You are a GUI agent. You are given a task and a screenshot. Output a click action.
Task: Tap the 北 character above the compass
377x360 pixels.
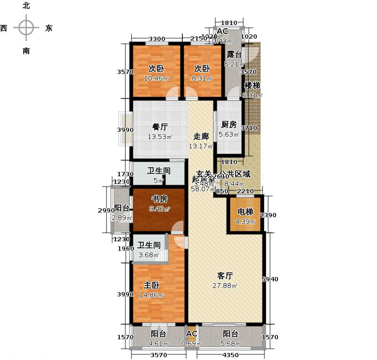(x=26, y=6)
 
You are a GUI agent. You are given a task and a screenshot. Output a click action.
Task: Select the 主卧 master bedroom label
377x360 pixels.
(x=152, y=285)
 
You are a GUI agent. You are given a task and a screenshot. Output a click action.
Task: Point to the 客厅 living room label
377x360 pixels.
(x=225, y=276)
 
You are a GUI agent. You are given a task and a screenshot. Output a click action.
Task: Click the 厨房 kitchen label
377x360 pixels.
(x=229, y=125)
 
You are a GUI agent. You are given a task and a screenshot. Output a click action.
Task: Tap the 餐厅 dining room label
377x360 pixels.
(x=160, y=127)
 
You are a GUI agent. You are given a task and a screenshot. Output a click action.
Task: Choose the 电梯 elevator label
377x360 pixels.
(x=244, y=212)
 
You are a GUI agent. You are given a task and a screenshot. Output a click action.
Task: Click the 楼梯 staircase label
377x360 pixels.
(x=252, y=86)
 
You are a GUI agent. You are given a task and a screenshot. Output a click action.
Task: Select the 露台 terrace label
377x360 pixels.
(x=234, y=54)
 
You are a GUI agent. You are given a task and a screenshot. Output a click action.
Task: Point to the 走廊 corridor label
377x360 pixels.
(x=201, y=136)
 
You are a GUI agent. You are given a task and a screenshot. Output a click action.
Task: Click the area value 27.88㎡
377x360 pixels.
(x=227, y=286)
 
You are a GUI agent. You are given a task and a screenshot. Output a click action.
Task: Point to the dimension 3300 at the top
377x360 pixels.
(x=156, y=39)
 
